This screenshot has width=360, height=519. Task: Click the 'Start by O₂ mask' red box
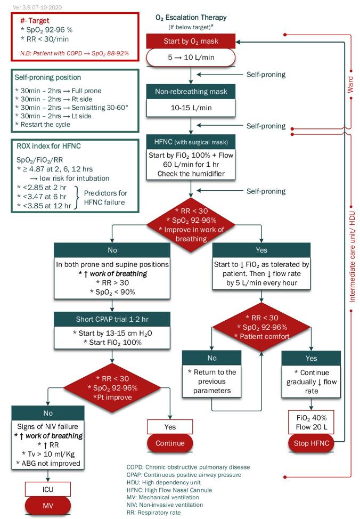point(191,41)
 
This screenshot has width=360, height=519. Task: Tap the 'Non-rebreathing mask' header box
point(191,92)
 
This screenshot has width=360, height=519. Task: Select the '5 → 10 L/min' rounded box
point(191,58)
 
